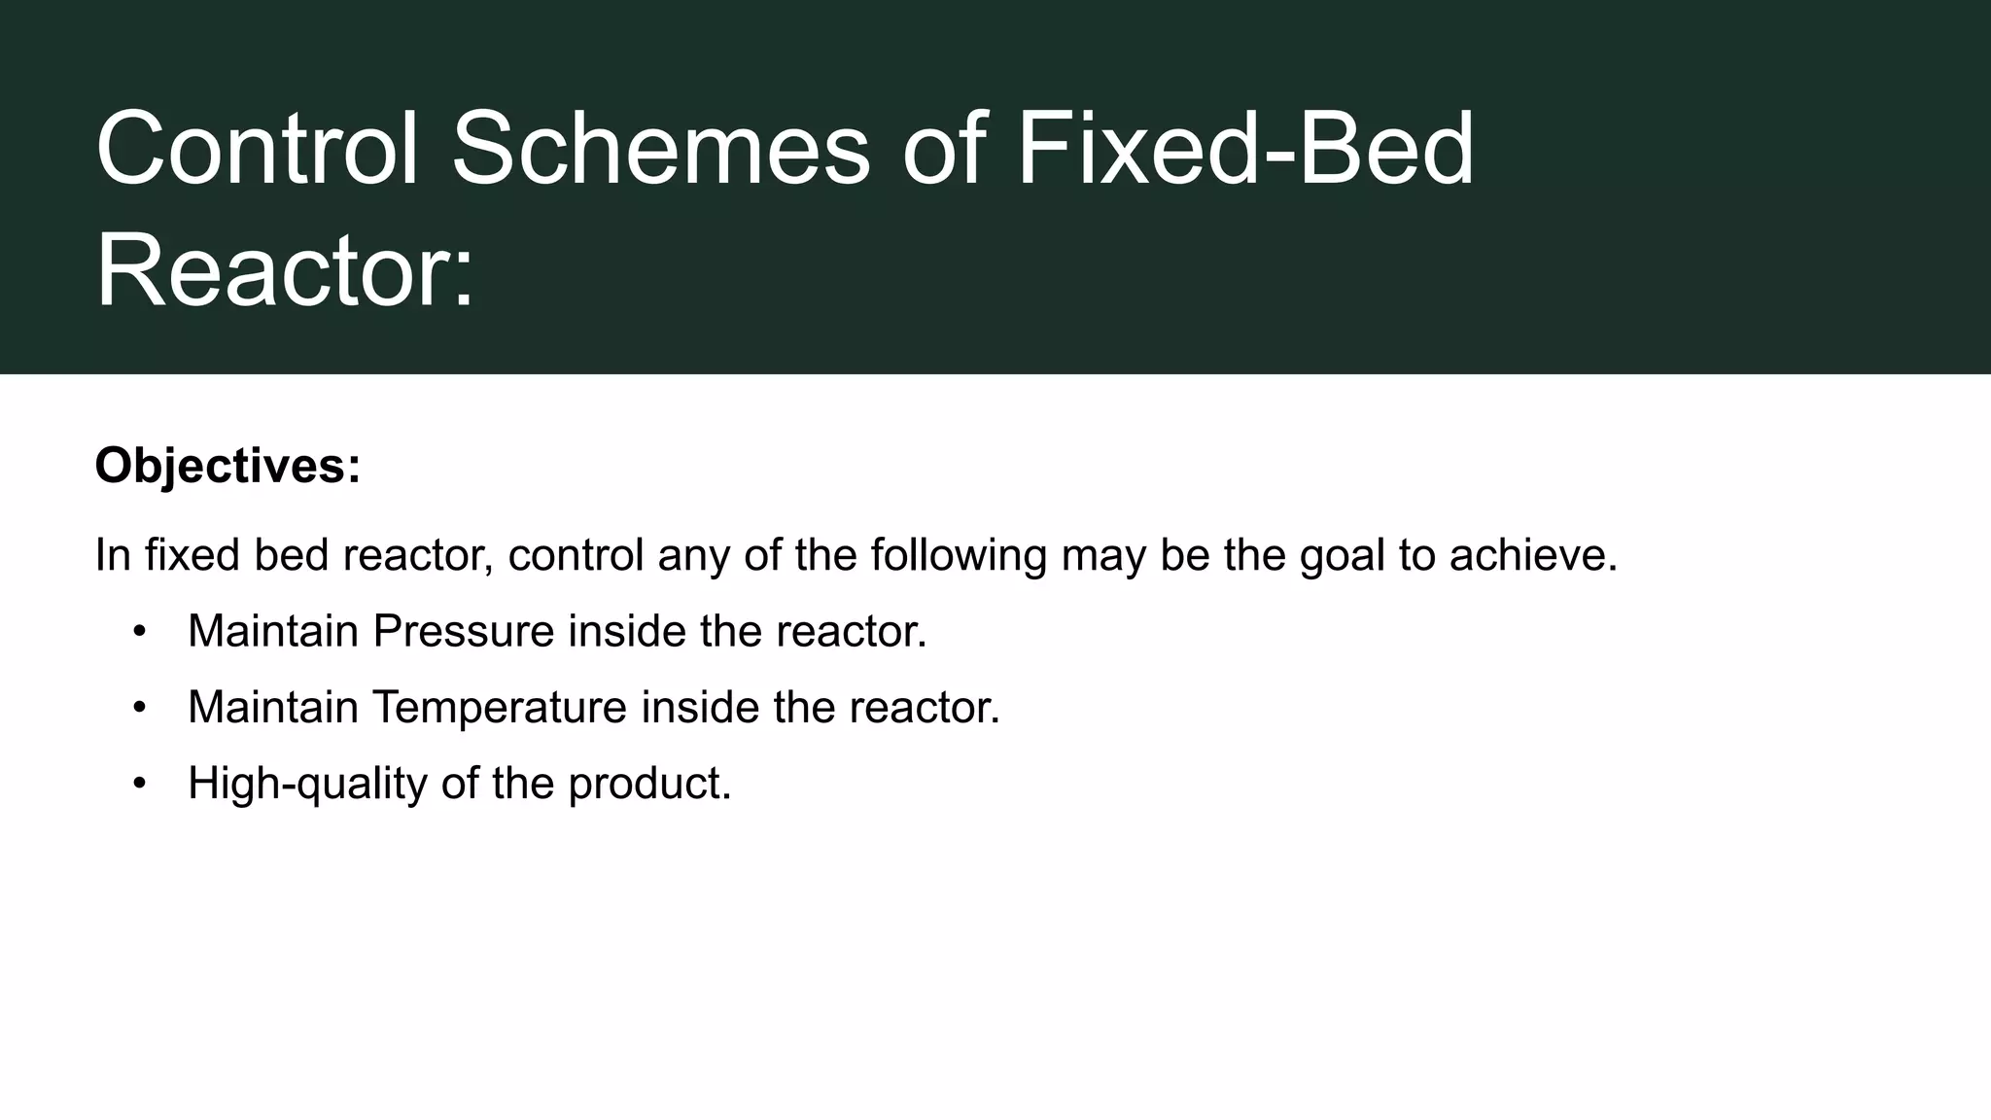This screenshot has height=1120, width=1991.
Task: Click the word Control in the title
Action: pyautogui.click(x=257, y=150)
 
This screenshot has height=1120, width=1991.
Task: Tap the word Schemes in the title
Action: pyautogui.click(x=660, y=150)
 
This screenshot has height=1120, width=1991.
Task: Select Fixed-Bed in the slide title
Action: pyautogui.click(x=1245, y=150)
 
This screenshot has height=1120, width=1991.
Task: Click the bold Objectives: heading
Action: pyautogui.click(x=227, y=466)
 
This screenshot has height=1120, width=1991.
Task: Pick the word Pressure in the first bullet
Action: pyautogui.click(x=464, y=631)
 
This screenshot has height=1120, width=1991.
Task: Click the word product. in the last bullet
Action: pyautogui.click(x=649, y=783)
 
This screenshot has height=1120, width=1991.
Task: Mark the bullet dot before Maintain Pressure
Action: pyautogui.click(x=140, y=632)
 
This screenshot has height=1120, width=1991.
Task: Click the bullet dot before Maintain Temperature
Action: pyautogui.click(x=140, y=708)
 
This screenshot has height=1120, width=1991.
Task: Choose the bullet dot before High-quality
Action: pyautogui.click(x=140, y=784)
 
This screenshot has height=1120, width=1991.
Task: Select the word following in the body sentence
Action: pyautogui.click(x=958, y=555)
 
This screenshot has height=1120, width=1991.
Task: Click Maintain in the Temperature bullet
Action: pyautogui.click(x=273, y=707)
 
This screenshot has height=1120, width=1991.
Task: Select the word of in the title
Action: pyautogui.click(x=944, y=150)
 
